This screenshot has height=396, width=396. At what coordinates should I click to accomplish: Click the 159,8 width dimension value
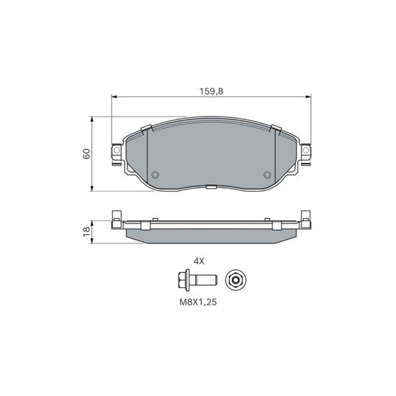pos(212,91)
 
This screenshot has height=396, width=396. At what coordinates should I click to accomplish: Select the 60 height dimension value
pos(86,153)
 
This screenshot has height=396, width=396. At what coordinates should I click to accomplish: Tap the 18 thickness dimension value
pos(86,231)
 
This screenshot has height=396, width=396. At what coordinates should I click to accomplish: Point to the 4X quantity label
pos(199,261)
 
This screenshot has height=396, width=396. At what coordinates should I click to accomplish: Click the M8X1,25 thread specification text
pos(198,302)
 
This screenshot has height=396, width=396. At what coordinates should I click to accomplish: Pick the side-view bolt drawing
pos(197,280)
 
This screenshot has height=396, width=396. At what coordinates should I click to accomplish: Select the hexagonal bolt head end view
pos(236,280)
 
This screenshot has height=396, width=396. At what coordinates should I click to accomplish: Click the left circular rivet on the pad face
pos(155,174)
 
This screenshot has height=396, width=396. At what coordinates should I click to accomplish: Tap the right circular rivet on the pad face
pos(267,174)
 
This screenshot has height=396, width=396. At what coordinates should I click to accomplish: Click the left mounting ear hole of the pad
pos(117,150)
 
